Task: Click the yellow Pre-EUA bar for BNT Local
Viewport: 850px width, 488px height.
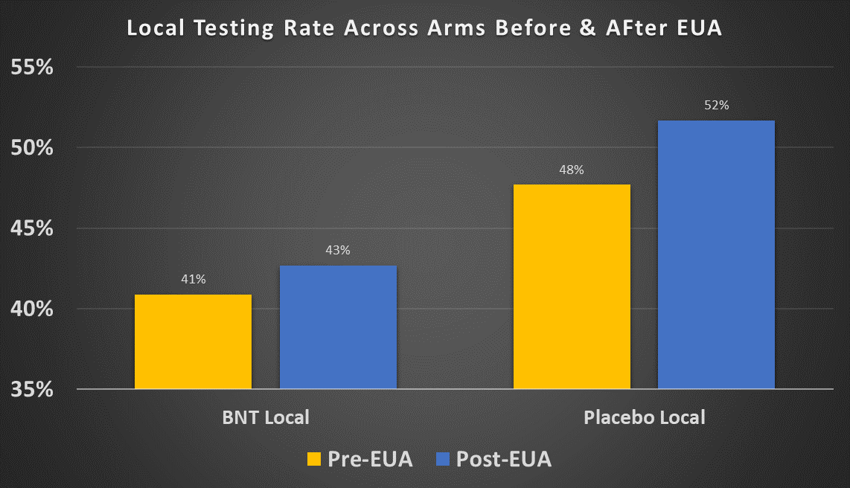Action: tap(193, 341)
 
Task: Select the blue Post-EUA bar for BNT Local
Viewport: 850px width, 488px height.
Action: tap(338, 327)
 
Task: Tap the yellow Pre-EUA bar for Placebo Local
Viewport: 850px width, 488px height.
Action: tap(572, 286)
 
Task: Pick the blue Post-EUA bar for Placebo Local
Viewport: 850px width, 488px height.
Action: tap(716, 254)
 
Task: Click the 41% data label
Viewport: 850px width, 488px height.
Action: tap(193, 279)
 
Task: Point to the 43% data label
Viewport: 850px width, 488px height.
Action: tap(338, 250)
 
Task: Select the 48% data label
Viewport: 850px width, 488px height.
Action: tap(572, 170)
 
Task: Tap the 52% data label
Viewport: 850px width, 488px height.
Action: tap(716, 106)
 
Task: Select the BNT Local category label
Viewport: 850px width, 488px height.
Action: tap(266, 417)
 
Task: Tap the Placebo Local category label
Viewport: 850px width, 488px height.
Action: tap(645, 417)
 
